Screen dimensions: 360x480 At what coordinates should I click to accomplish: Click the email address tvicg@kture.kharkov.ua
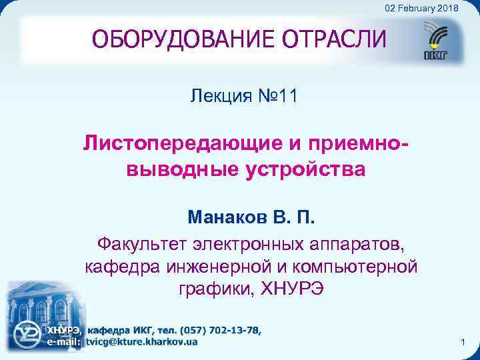point(141,341)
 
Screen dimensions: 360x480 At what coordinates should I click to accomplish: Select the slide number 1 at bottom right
point(462,342)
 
